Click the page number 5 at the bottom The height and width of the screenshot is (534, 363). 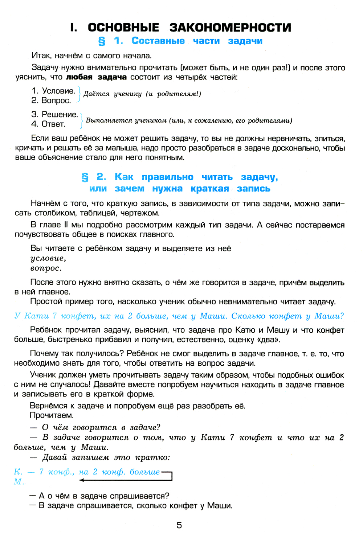(179, 525)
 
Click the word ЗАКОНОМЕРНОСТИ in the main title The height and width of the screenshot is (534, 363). (230, 28)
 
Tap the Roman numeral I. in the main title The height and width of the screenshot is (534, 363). (73, 28)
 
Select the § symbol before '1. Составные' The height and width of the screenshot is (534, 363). (102, 41)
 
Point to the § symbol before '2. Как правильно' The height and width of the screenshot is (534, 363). (85, 177)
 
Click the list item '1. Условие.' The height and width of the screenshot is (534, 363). (53, 91)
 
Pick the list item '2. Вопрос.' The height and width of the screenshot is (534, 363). (51, 100)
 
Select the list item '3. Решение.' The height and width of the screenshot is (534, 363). (55, 115)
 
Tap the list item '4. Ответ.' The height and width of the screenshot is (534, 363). (48, 124)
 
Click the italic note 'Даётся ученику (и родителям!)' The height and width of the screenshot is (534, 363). (142, 94)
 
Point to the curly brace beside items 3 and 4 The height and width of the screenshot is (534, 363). (82, 120)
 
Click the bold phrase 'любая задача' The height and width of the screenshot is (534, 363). (96, 77)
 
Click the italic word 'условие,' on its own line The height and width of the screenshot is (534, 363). (48, 258)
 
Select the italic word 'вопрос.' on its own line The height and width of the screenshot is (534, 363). (46, 268)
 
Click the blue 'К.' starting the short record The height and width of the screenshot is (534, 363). (18, 472)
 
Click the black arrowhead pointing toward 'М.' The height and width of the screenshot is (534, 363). (81, 480)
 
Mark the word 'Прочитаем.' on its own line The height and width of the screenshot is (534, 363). (52, 415)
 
